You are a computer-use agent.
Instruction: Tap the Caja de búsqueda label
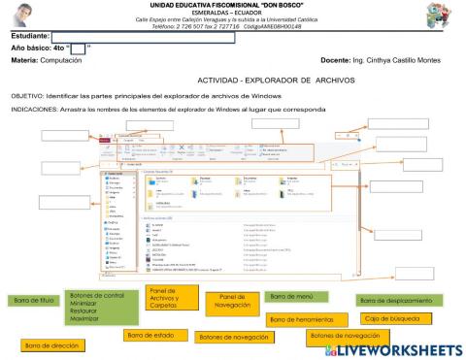(x=388, y=319)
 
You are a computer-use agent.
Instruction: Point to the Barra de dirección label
(x=51, y=344)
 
